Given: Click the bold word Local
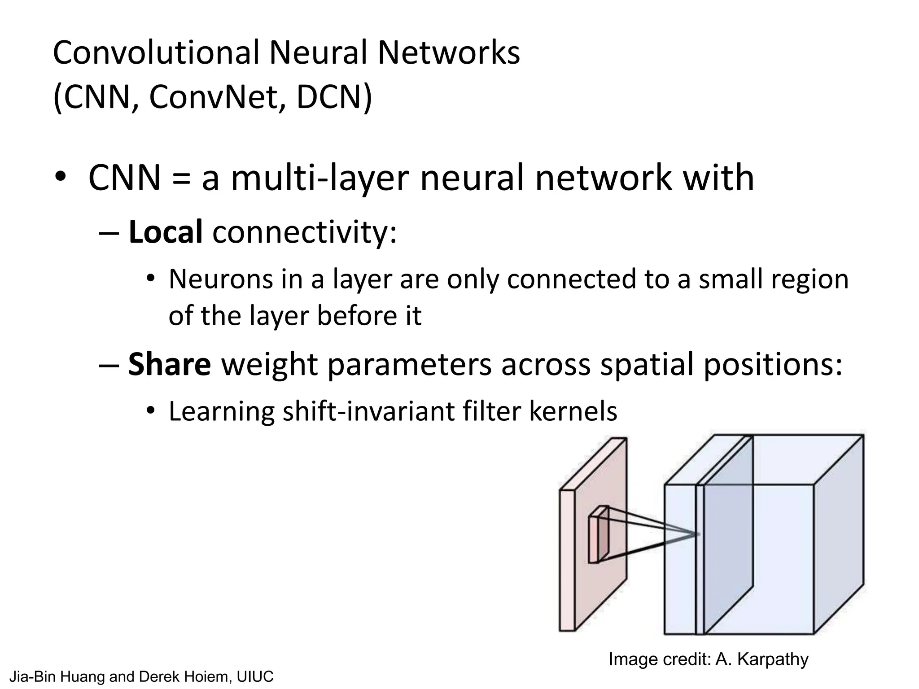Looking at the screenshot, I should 165,232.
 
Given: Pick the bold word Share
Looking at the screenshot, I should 169,364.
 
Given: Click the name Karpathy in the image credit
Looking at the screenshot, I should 772,659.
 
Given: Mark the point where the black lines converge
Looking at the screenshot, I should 698,534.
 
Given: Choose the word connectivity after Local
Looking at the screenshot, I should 304,232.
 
